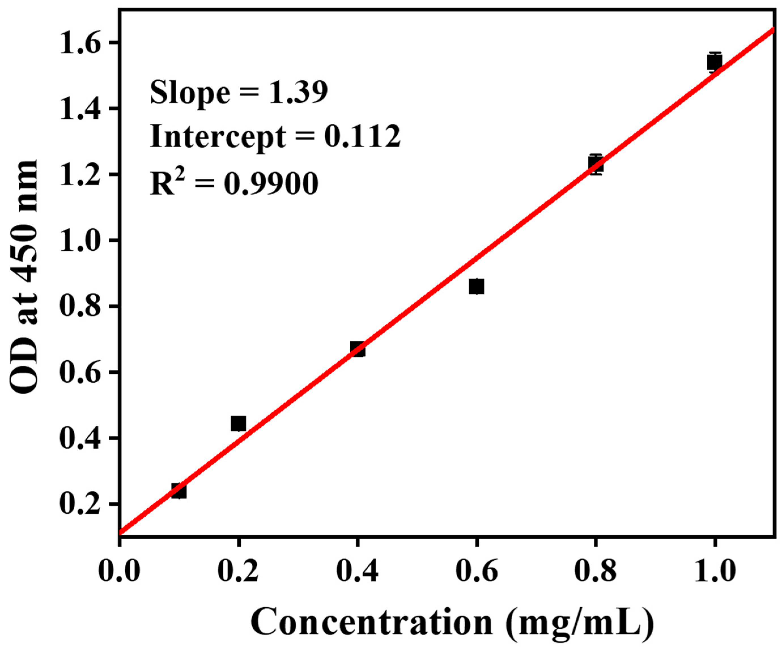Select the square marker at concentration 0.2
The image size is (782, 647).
[238, 423]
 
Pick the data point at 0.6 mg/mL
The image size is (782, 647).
[476, 287]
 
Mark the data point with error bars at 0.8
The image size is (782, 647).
[596, 164]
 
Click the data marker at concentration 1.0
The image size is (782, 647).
[715, 62]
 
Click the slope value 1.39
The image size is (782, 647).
[298, 92]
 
